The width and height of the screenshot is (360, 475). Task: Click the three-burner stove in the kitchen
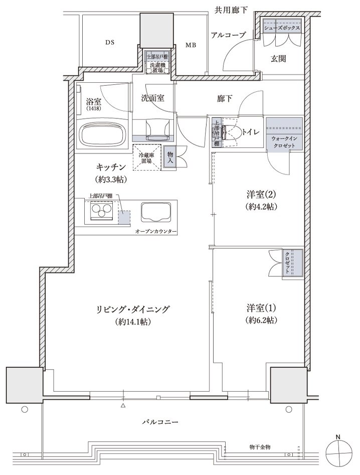(101, 211)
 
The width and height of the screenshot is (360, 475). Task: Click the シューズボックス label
(282, 28)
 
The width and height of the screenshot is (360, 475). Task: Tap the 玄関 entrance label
(278, 59)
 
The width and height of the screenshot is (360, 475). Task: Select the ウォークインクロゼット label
(284, 142)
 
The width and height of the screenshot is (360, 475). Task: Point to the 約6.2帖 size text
(262, 320)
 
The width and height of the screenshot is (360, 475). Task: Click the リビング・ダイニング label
(132, 309)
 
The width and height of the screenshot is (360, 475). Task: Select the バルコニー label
(160, 422)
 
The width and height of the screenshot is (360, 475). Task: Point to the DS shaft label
(110, 43)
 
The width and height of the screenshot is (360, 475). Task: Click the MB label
(191, 45)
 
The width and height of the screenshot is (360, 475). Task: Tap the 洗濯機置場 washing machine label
(157, 67)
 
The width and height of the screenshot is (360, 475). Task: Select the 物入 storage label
(170, 157)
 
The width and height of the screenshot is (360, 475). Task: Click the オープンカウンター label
(155, 231)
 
